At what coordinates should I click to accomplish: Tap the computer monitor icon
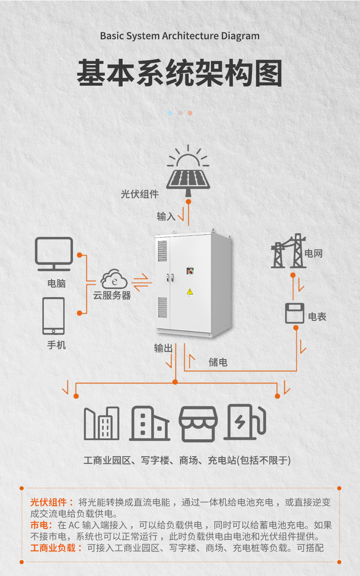(54, 253)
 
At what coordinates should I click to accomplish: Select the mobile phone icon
(54, 316)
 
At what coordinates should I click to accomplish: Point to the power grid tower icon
(288, 252)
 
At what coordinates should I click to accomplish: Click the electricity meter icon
(295, 313)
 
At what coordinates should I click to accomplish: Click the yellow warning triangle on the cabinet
(190, 292)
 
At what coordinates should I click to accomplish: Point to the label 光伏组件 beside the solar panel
(139, 194)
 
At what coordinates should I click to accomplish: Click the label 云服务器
(112, 295)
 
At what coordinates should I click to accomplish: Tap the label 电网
(314, 253)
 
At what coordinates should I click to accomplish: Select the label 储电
(218, 362)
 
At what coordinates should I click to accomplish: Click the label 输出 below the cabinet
(163, 348)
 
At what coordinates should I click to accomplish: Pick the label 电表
(317, 317)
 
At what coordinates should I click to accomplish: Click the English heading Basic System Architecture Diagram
(180, 36)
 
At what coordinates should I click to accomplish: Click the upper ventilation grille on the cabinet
(162, 251)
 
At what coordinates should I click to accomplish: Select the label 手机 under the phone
(57, 345)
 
